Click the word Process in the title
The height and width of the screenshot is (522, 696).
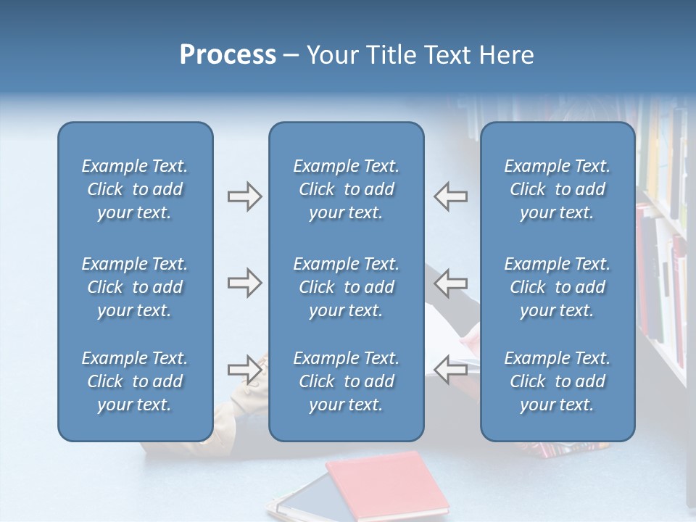pyautogui.click(x=228, y=55)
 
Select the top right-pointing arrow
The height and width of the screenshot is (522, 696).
pyautogui.click(x=244, y=196)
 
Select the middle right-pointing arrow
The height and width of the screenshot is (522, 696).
pyautogui.click(x=244, y=283)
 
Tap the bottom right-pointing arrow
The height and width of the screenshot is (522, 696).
pyautogui.click(x=244, y=370)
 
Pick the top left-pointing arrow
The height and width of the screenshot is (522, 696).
pyautogui.click(x=451, y=196)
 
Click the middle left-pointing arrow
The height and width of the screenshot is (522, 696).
pyautogui.click(x=451, y=283)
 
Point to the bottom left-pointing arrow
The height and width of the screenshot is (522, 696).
pyautogui.click(x=451, y=370)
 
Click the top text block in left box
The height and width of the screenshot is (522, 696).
pyautogui.click(x=135, y=189)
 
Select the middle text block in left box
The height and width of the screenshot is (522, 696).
pyautogui.click(x=135, y=287)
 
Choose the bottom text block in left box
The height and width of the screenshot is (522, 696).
pyautogui.click(x=135, y=381)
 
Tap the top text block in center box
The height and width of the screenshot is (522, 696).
pyautogui.click(x=347, y=189)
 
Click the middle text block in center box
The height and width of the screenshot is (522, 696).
pyautogui.click(x=347, y=287)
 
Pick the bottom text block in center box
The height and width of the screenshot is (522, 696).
pyautogui.click(x=347, y=381)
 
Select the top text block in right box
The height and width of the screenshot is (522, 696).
pyautogui.click(x=558, y=189)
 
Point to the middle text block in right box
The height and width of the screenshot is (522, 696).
pyautogui.click(x=558, y=287)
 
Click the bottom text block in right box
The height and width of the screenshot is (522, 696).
pyautogui.click(x=558, y=381)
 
